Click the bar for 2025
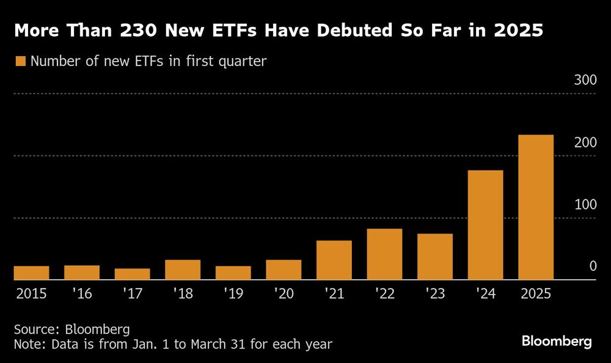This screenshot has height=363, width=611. click(x=536, y=207)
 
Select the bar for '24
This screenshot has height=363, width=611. click(x=485, y=225)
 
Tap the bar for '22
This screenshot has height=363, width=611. click(x=384, y=254)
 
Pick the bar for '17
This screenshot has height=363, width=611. click(x=132, y=274)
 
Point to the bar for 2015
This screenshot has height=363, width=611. click(x=31, y=273)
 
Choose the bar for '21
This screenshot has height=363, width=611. click(x=334, y=260)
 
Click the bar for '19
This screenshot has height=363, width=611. click(x=233, y=273)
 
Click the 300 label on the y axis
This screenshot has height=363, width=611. click(x=584, y=80)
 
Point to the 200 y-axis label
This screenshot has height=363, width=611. click(x=584, y=142)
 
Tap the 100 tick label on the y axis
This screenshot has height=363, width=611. click(x=584, y=204)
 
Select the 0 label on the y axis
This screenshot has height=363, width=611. click(x=592, y=266)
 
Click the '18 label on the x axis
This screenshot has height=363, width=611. click(x=183, y=293)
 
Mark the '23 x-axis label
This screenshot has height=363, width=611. click(x=435, y=293)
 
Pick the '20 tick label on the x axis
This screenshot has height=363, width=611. click(x=284, y=293)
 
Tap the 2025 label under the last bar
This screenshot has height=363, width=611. click(x=536, y=293)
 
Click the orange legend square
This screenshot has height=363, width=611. click(x=20, y=61)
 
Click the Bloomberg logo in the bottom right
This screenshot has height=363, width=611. click(x=557, y=342)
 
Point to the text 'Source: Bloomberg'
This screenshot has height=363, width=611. click(x=71, y=329)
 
